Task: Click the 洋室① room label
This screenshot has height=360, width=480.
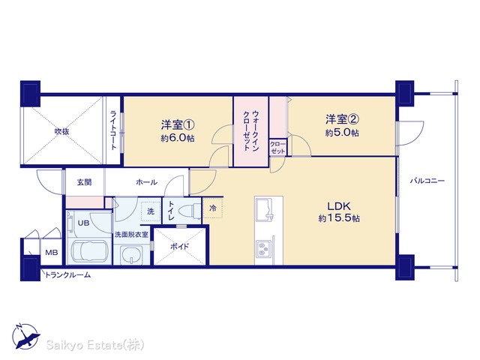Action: (178, 125)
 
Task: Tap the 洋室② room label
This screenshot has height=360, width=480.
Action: (342, 119)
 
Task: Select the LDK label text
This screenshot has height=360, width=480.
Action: (339, 206)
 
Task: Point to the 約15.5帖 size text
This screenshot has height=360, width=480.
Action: (339, 218)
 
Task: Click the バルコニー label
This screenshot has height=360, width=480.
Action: (427, 181)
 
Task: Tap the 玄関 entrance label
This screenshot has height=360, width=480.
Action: (84, 182)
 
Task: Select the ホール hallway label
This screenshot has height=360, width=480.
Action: (147, 182)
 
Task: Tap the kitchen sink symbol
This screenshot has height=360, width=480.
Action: (264, 209)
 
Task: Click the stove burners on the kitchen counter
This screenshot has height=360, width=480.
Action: (263, 248)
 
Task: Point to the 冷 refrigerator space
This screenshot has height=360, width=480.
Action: (213, 208)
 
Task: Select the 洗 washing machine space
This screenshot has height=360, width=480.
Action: (151, 211)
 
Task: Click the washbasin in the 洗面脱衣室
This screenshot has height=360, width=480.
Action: (132, 255)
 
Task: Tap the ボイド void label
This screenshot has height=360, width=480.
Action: (179, 247)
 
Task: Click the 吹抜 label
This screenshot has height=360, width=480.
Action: (61, 132)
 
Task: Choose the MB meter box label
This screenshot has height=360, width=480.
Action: (52, 253)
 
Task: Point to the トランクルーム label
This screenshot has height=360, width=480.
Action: (68, 275)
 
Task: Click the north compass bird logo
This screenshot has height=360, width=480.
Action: (25, 336)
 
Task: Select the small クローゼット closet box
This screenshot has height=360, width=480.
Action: (278, 147)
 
